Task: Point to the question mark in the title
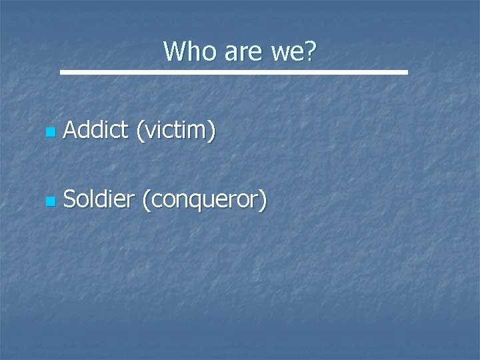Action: tap(311, 51)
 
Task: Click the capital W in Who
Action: tap(175, 51)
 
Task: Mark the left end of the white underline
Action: tap(61, 71)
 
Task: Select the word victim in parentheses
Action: tap(175, 131)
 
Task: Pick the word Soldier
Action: tap(99, 198)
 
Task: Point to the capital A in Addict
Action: tap(70, 131)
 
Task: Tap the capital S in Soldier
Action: tap(70, 198)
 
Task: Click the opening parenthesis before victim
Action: tap(139, 132)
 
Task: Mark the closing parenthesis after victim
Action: tap(212, 132)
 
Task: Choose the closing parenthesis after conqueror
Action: tap(263, 199)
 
